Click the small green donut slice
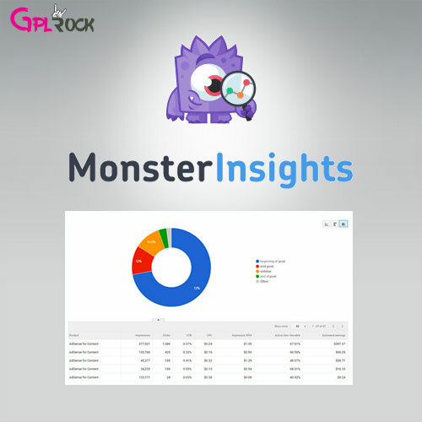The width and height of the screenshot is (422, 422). click(163, 235)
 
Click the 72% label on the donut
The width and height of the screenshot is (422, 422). click(195, 288)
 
